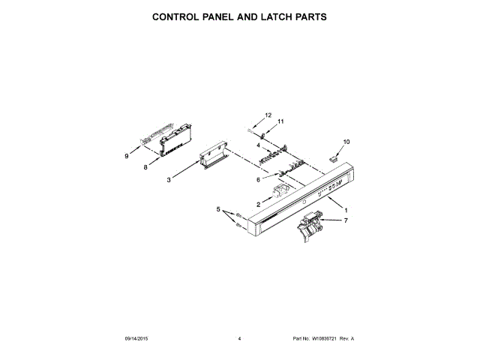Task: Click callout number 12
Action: [x=267, y=115]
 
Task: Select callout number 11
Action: [x=281, y=121]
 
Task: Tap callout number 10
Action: [x=346, y=142]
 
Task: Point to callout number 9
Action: [x=127, y=156]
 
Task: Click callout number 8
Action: [x=145, y=169]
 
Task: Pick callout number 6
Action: [x=259, y=180]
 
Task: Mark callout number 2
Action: [x=259, y=204]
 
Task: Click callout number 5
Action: [x=219, y=211]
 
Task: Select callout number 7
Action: [x=346, y=221]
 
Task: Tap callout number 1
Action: [x=346, y=209]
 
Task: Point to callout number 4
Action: [x=258, y=145]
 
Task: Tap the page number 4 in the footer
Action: [x=238, y=339]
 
